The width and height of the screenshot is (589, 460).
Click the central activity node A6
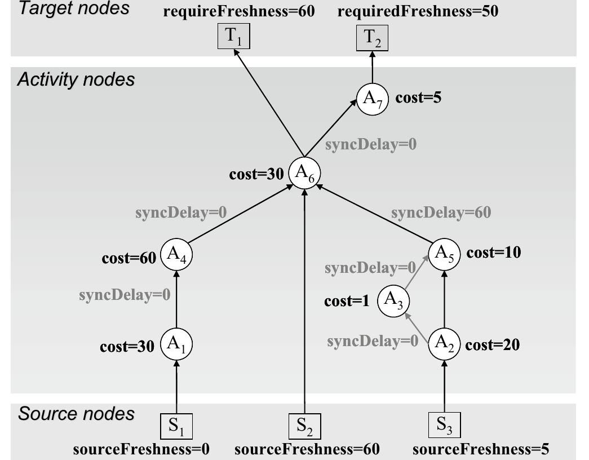pos(304,173)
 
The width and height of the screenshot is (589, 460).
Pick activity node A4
pos(176,255)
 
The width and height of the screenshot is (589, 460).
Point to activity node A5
pos(445,253)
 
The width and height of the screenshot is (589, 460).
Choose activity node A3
pos(393,300)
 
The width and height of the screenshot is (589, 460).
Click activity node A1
pos(176,344)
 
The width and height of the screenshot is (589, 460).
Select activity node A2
pos(445,343)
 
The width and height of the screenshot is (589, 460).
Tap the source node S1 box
pos(176,426)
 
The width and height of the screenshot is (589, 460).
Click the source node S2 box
pos(304,426)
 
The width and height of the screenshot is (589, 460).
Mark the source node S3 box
pos(445,424)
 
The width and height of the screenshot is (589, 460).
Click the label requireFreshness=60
pos(238,11)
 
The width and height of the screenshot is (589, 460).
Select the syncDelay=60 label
pos(441,213)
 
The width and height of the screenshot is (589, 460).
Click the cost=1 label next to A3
pos(347,301)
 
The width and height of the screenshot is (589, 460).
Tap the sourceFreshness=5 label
pos(481,449)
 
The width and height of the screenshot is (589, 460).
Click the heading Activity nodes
pos(76,79)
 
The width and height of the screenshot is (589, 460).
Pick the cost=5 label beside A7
pos(418,98)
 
